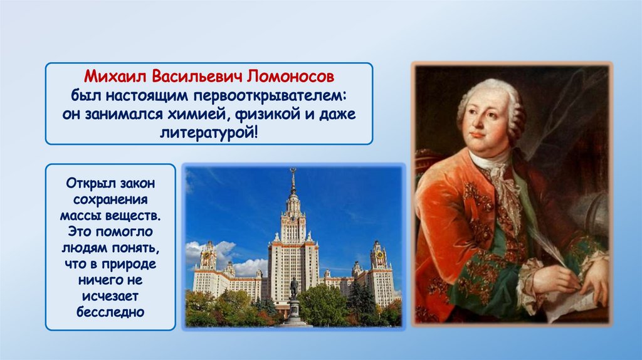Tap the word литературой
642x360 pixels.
[x=209, y=133]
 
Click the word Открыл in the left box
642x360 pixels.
[x=87, y=183]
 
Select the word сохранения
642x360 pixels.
[x=110, y=199]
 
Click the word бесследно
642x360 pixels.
[x=110, y=312]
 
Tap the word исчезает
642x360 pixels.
[x=110, y=296]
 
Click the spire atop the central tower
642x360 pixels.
[x=293, y=180]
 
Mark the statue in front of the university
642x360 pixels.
[x=293, y=289]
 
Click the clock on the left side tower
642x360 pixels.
[x=207, y=255]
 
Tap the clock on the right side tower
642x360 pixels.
[x=380, y=255]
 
